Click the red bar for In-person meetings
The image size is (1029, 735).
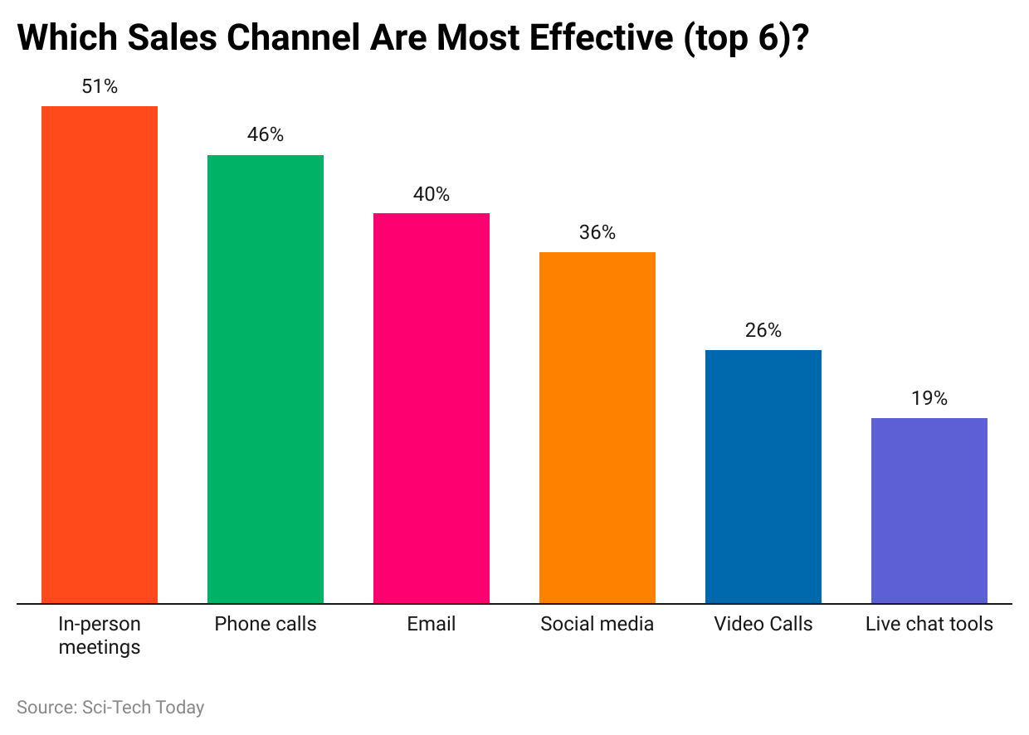tap(100, 354)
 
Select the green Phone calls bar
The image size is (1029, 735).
tap(266, 379)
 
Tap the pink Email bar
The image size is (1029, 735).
tap(432, 408)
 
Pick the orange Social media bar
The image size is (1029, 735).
tap(597, 427)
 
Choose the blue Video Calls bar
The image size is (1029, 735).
tap(763, 476)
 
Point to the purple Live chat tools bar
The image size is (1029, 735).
tap(929, 510)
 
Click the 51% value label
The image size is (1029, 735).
tap(100, 86)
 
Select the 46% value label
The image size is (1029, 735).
tap(266, 134)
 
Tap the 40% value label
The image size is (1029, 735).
tap(432, 194)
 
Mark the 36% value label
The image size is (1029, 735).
tap(597, 232)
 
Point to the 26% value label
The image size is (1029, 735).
tap(763, 330)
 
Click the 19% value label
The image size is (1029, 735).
tap(929, 398)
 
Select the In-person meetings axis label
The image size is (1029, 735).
tap(100, 635)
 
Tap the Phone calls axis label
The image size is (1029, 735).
tap(266, 624)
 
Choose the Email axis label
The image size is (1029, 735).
tap(432, 624)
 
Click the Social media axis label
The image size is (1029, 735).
tap(597, 624)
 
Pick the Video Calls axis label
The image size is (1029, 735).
tap(763, 624)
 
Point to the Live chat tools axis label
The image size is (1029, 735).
tap(929, 624)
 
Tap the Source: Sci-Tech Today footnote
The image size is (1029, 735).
tap(110, 708)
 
